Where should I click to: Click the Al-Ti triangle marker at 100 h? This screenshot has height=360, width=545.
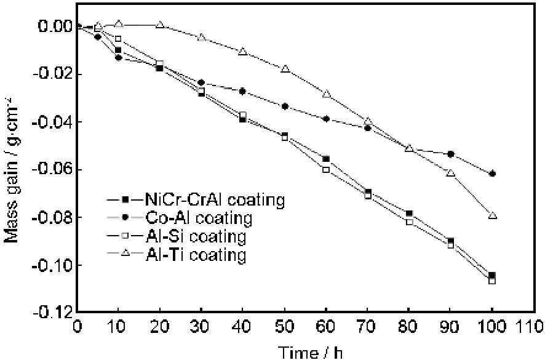(x=492, y=215)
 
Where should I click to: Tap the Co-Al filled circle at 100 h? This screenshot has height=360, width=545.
(x=492, y=174)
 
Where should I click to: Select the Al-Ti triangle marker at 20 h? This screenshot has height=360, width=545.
(x=160, y=25)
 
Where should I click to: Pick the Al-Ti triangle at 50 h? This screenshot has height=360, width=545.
(x=285, y=69)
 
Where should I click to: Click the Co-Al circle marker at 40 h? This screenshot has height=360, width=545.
(x=243, y=91)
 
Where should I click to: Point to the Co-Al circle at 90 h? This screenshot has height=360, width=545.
(x=451, y=154)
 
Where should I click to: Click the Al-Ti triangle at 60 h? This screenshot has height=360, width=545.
(x=326, y=94)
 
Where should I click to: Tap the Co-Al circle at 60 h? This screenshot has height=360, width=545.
(x=326, y=119)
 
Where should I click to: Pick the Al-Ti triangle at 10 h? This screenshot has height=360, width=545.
(x=119, y=24)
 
